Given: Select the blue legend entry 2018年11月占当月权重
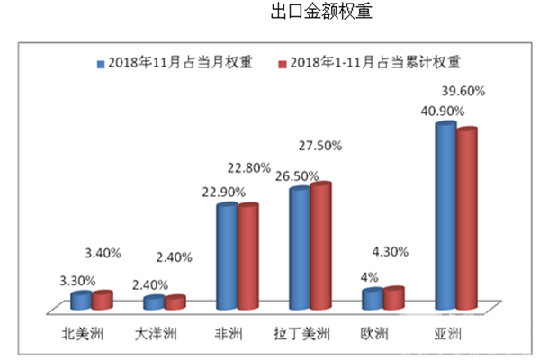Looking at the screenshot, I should click(x=172, y=63).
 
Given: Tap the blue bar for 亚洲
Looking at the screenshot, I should click(x=444, y=216).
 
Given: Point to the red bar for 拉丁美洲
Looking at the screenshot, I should click(x=321, y=247).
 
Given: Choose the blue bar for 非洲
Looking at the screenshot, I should click(x=227, y=257).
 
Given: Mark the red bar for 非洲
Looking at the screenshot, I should click(x=248, y=257).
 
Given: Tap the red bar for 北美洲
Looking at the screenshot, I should click(x=103, y=300).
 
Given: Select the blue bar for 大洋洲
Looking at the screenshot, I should click(x=154, y=302).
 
